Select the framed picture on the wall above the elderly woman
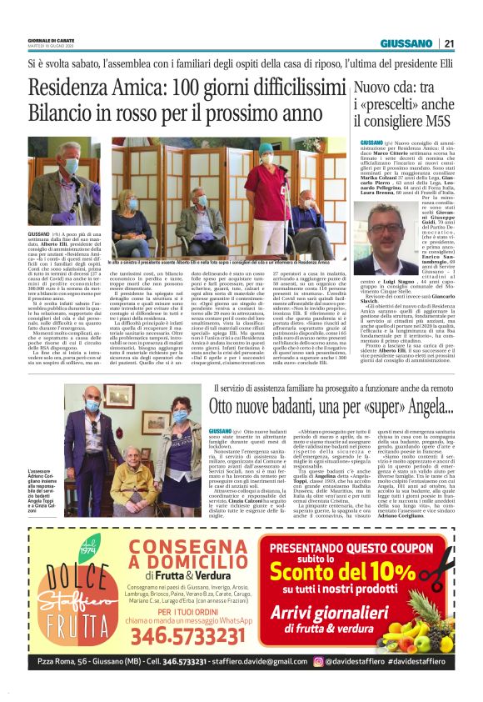117,397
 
